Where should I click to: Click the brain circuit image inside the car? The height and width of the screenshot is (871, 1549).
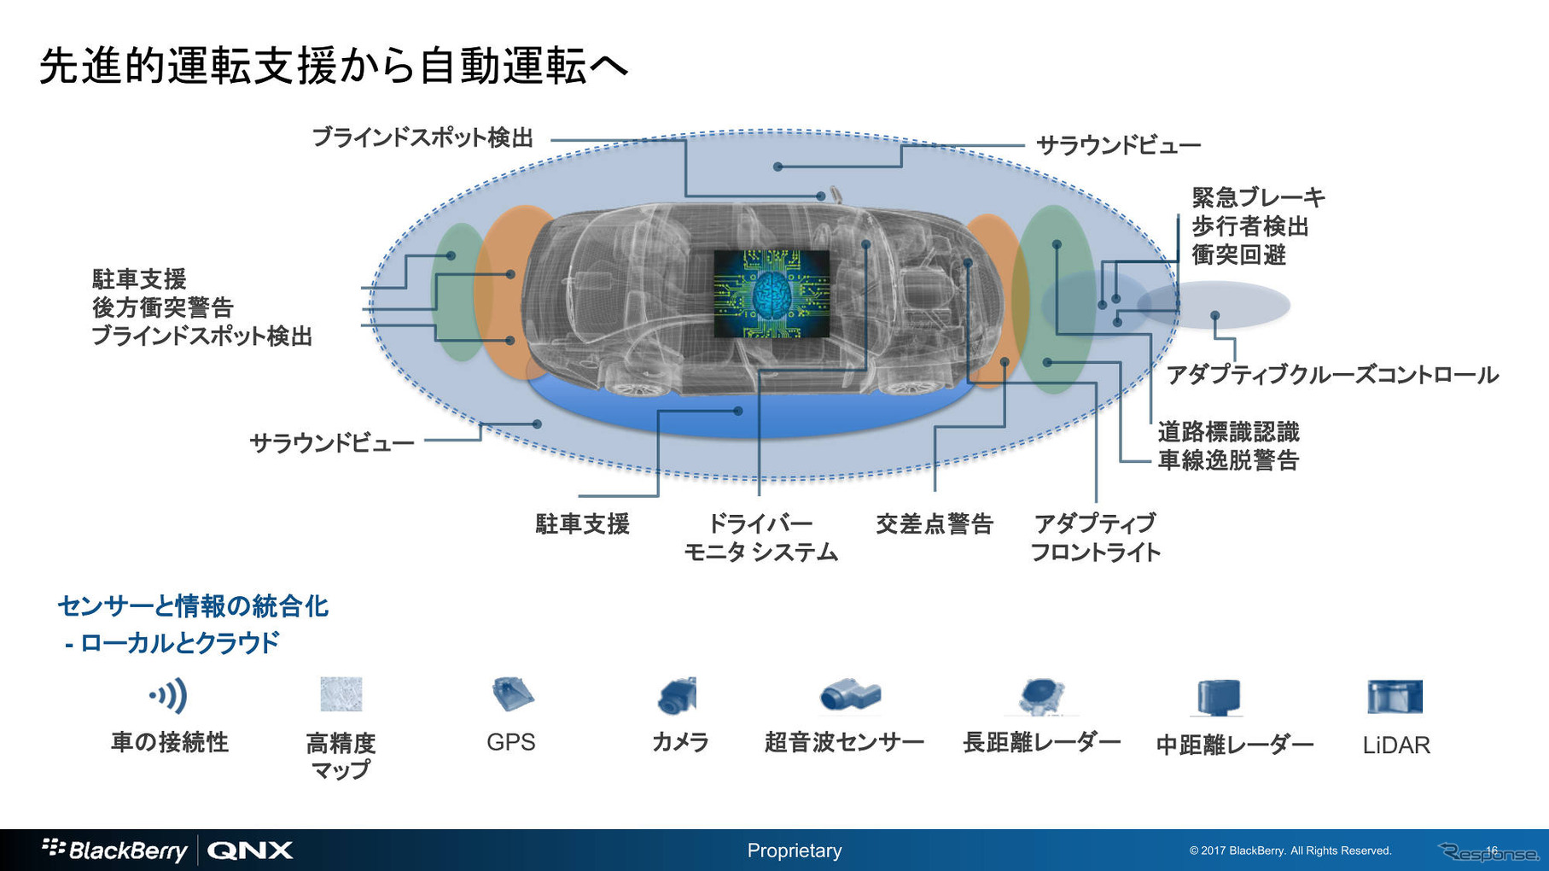771,294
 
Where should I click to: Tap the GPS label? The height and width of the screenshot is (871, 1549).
510,742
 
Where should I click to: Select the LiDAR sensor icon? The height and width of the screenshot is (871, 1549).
1395,697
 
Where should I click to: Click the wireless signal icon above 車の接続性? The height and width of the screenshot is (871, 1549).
169,696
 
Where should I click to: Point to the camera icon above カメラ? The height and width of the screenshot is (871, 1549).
678,696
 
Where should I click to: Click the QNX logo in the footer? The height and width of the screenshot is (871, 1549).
250,851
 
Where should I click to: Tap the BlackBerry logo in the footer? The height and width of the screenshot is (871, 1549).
115,850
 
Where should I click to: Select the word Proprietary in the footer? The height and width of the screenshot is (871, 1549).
794,851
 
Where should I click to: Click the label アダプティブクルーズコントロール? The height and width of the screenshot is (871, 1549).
1331,375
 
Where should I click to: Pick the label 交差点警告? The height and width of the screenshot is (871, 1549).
935,523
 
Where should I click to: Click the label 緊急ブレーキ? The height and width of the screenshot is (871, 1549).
1258,198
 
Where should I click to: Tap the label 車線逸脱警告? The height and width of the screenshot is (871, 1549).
1228,461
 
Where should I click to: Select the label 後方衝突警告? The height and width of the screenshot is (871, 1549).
162,307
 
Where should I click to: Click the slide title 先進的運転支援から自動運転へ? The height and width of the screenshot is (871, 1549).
334,66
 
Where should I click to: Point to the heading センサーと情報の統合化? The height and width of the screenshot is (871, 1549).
193,606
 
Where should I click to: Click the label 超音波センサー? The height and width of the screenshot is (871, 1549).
844,742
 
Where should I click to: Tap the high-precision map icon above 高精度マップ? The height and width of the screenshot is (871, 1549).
341,694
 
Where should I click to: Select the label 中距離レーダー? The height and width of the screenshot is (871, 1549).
1234,745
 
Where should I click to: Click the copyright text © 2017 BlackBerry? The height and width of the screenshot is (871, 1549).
1290,851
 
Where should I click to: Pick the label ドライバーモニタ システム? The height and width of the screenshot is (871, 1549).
760,538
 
